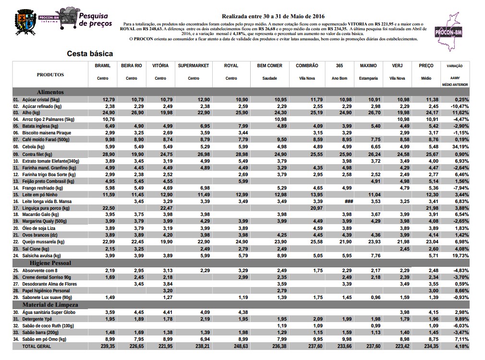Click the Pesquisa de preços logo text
(x=95, y=20)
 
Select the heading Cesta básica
(x=90, y=54)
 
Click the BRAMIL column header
(x=103, y=66)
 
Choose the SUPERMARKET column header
(x=194, y=66)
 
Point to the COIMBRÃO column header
(x=307, y=66)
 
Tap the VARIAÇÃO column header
(x=455, y=66)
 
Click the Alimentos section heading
(x=50, y=92)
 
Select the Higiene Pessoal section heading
(x=50, y=264)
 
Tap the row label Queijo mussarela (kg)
(x=43, y=242)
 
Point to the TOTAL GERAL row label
(x=36, y=346)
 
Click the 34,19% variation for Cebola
(x=460, y=146)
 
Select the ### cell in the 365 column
(x=349, y=202)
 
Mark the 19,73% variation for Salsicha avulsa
(x=460, y=256)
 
